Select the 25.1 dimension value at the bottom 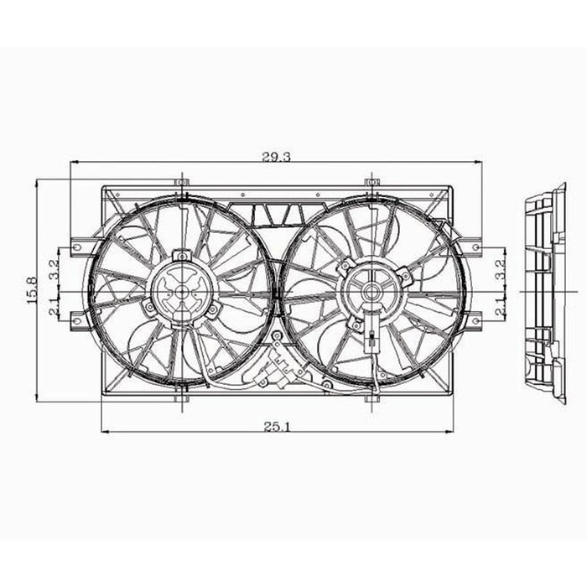click(276, 426)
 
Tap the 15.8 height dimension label click(33, 290)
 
